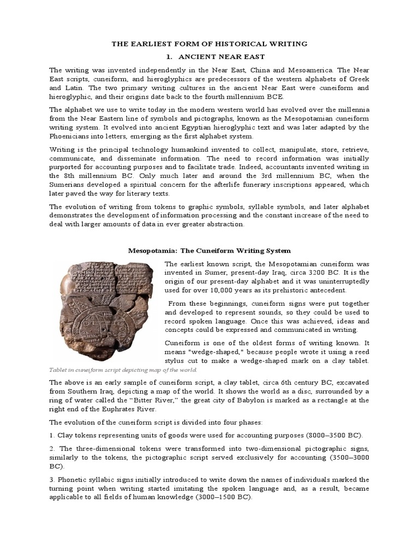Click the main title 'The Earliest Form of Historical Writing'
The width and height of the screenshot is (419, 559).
click(x=209, y=43)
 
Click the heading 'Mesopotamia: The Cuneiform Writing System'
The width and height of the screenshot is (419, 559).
click(x=209, y=251)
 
